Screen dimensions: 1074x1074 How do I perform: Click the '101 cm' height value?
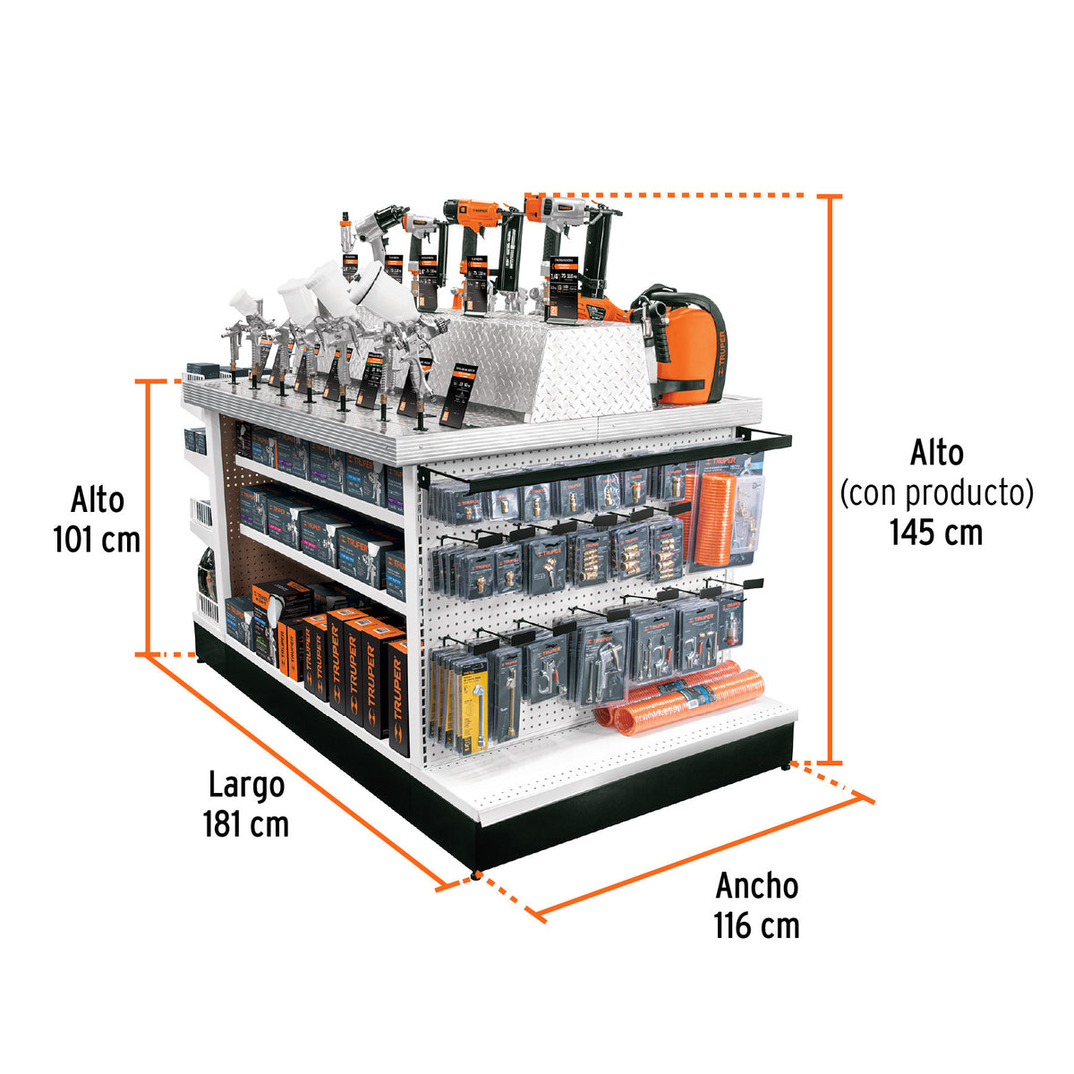coord(97,540)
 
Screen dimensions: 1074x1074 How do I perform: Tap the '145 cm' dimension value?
coord(936,533)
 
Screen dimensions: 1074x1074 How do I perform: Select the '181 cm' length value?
coord(246,823)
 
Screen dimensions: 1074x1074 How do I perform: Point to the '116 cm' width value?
coord(756,925)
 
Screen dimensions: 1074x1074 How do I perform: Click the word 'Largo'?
coord(246,785)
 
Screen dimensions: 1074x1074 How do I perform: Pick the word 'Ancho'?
coord(756,886)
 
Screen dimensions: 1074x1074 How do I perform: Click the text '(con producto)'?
coord(936,492)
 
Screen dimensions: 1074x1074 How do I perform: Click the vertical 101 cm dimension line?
coord(147,517)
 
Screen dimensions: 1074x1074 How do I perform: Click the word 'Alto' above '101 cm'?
coord(97,499)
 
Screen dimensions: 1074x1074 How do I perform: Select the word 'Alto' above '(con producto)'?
coord(936,453)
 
